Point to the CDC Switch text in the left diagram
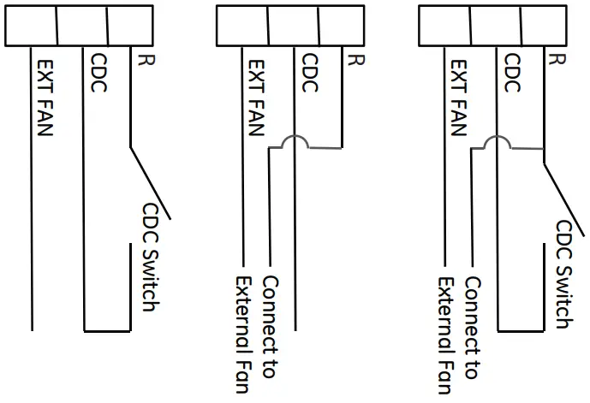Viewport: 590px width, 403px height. (152, 257)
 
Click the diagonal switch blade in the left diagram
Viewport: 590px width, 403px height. (151, 181)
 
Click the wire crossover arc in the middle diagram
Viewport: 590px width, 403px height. (294, 141)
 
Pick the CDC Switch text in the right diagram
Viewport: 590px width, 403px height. (566, 274)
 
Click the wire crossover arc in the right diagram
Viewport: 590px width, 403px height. (496, 141)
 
